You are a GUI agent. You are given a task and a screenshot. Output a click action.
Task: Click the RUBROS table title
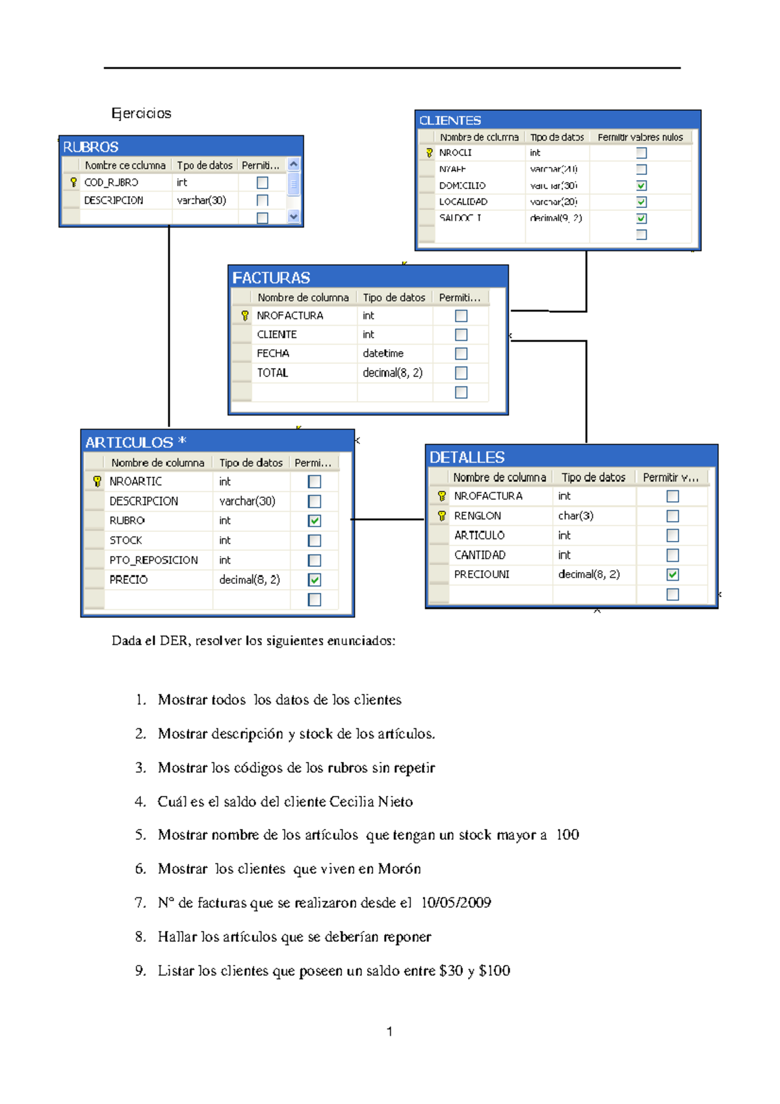(91, 147)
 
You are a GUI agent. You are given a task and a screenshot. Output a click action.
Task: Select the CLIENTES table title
(450, 120)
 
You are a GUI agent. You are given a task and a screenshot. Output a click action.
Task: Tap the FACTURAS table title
(271, 278)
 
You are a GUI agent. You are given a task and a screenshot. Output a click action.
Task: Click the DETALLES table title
(467, 457)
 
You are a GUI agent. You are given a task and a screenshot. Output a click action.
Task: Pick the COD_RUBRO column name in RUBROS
(111, 183)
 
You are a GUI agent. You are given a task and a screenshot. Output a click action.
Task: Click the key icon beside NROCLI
(429, 153)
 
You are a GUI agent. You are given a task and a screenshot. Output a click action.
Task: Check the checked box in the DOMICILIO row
(642, 185)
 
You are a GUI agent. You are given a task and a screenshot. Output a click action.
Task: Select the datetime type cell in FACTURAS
(383, 353)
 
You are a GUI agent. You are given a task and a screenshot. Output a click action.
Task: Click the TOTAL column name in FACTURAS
(272, 373)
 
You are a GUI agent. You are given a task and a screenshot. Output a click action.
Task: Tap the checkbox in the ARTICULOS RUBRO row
(315, 521)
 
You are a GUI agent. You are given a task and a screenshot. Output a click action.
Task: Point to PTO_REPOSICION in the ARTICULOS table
(153, 560)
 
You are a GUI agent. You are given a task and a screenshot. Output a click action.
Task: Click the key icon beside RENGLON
(442, 516)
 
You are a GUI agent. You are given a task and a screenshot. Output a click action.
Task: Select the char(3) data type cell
(575, 516)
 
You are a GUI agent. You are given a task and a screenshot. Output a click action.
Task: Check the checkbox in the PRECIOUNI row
(673, 575)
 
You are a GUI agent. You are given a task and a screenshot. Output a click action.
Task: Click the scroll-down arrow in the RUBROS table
(294, 217)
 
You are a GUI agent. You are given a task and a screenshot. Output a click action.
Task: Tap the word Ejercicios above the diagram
(141, 113)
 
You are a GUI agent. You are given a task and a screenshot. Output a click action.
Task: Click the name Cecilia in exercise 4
(352, 802)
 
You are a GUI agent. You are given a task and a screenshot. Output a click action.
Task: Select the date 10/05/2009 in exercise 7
(456, 902)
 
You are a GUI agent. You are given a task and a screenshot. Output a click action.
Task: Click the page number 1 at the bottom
(389, 1031)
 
